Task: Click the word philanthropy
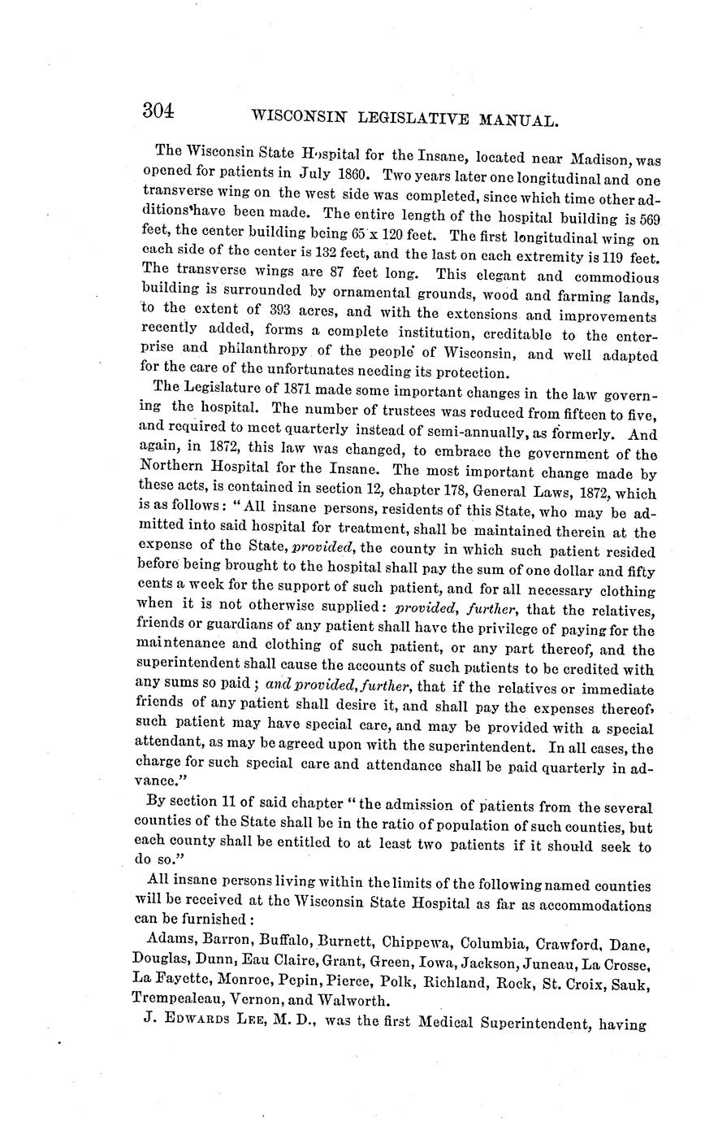click(262, 350)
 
